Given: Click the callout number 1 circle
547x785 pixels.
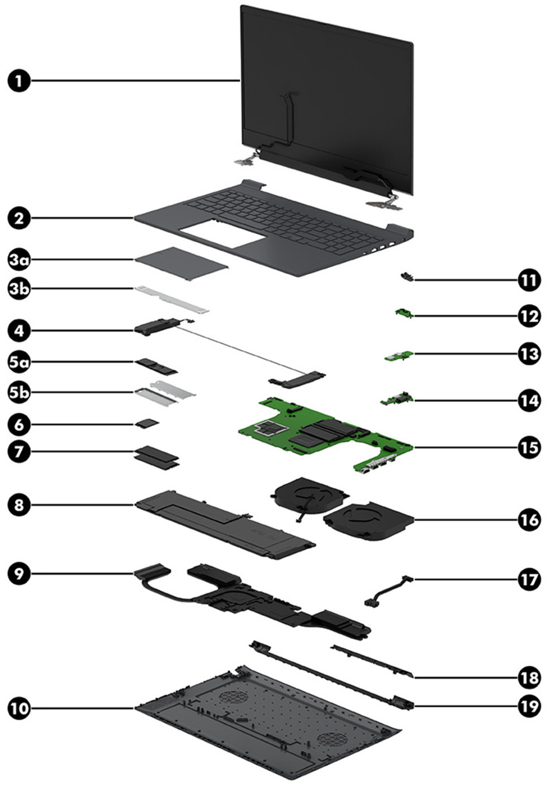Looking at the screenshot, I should [x=19, y=80].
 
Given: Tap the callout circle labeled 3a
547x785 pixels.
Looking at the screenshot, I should [x=19, y=260].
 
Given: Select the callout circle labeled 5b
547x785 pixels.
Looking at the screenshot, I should [x=19, y=392].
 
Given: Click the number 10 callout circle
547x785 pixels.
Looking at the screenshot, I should [x=19, y=708].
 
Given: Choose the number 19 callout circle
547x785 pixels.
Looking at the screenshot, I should [x=529, y=706].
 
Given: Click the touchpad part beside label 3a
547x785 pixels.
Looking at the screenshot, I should [x=181, y=263].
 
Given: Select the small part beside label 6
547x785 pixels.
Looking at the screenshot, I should [x=147, y=425].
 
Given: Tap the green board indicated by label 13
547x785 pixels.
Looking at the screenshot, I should [x=399, y=355].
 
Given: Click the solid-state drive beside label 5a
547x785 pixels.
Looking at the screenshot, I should [x=156, y=366].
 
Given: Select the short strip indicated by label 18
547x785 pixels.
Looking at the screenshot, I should [x=373, y=661].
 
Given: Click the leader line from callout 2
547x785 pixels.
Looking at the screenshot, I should [x=82, y=218].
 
